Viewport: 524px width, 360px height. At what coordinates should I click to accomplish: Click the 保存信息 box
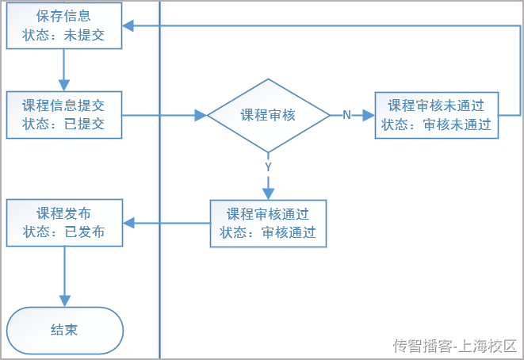63,25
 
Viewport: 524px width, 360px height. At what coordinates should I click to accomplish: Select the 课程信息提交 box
63,114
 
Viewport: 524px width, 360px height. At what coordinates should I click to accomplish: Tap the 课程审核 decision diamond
268,115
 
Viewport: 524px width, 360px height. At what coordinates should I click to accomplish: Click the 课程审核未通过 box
436,115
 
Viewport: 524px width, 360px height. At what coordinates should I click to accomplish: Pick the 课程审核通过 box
268,223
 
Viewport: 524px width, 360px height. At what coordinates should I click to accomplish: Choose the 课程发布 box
63,223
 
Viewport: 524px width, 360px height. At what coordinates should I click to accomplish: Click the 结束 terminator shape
64,330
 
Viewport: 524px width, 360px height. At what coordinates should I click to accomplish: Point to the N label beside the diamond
346,115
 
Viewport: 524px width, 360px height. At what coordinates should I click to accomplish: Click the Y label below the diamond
268,167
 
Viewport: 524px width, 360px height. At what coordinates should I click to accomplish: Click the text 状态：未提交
63,35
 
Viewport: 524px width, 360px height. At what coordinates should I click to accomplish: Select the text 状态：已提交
63,124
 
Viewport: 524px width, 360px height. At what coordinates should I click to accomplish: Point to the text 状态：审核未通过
436,124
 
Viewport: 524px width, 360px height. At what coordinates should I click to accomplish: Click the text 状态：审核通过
268,232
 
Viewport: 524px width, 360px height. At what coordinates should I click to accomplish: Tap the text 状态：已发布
63,232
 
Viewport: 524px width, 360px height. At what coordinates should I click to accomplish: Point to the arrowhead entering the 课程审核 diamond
201,115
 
